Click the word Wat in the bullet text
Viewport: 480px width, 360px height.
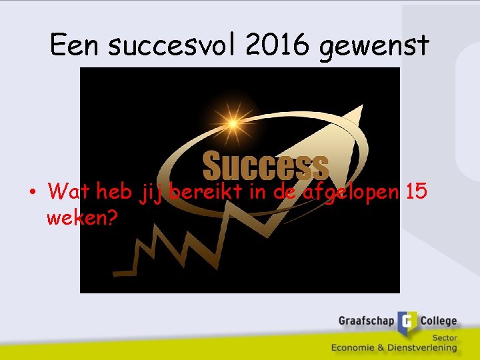pos(69,192)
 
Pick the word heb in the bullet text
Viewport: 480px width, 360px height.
pos(115,192)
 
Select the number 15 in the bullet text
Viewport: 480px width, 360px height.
pos(417,191)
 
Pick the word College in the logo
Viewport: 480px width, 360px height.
pos(438,321)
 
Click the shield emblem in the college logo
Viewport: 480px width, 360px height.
pos(408,323)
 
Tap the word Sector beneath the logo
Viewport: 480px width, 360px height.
pos(444,337)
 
